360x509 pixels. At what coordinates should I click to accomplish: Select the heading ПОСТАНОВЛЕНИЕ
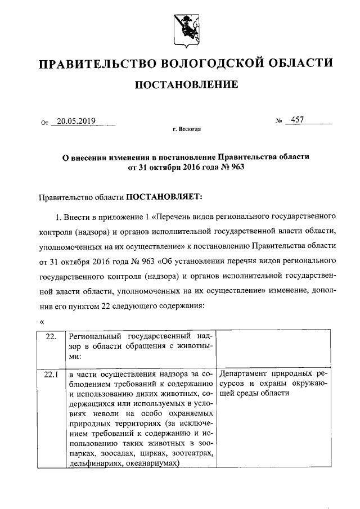(x=186, y=85)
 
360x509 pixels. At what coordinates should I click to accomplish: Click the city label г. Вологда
(x=186, y=129)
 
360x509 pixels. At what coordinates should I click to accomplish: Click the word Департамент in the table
(x=243, y=373)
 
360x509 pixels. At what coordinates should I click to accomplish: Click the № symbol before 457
(x=278, y=121)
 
